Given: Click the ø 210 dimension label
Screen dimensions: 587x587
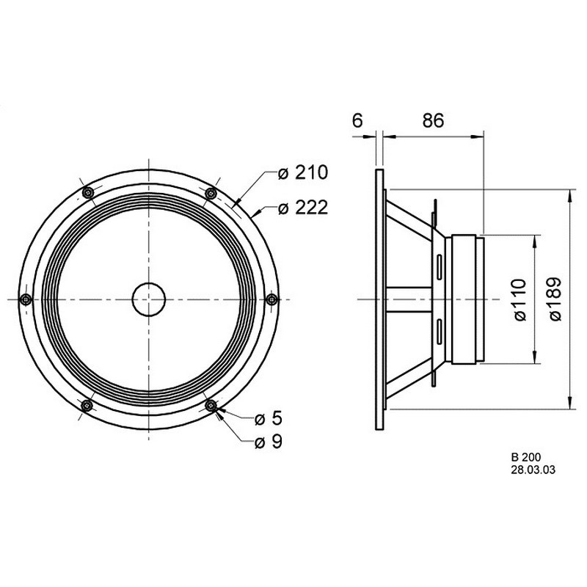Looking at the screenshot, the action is tap(302, 172).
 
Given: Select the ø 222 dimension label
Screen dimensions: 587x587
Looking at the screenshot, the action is tap(302, 208).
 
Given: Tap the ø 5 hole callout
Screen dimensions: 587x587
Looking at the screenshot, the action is tap(268, 419).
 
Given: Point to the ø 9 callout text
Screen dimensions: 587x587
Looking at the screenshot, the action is tap(268, 442).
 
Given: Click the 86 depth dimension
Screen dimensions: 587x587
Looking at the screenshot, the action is tap(433, 120).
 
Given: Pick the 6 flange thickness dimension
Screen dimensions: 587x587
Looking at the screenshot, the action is tap(358, 120).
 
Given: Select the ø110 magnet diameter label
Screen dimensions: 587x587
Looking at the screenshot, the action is tap(520, 299).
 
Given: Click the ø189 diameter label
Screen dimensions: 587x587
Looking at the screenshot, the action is tap(555, 299).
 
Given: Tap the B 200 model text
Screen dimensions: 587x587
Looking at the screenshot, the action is tap(526, 457).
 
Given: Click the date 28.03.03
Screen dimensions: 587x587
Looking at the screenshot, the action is tap(533, 470).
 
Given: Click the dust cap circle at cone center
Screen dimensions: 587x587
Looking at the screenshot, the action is tap(149, 299).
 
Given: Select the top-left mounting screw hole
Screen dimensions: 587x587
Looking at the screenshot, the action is tap(87, 193).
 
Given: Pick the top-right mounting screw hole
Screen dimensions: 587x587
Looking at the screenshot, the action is tap(211, 194).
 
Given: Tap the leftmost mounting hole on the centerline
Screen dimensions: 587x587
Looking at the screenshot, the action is tap(26, 299).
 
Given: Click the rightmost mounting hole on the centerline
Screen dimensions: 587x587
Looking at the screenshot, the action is tap(272, 299).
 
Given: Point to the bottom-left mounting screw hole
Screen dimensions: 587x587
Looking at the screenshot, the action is tap(87, 406).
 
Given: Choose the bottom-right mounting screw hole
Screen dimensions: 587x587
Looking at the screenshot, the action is tap(211, 405).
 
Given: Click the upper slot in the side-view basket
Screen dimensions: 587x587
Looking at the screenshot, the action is tap(439, 267).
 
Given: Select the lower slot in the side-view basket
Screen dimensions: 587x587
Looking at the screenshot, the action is tap(439, 332).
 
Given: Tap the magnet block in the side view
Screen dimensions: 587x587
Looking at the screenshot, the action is tap(464, 299).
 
